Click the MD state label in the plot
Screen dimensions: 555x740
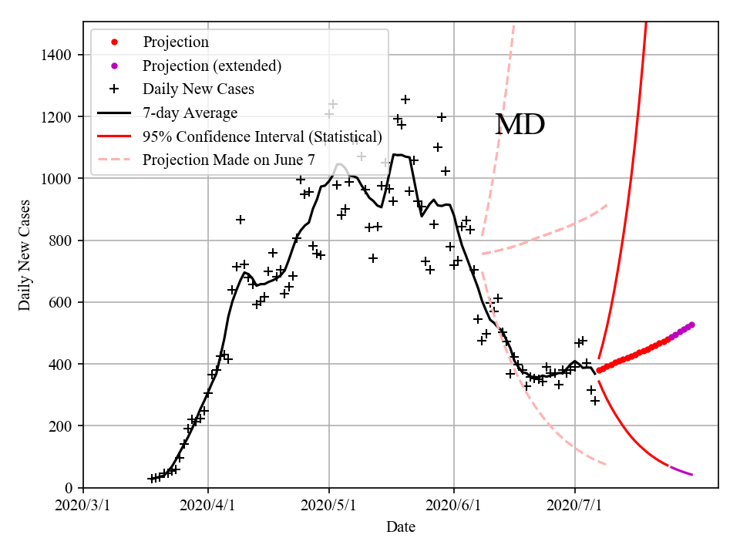pos(520,124)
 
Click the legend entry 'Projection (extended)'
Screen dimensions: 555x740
pos(211,66)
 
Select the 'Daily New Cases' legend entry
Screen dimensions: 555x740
pos(198,89)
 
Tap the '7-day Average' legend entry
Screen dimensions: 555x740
pos(190,113)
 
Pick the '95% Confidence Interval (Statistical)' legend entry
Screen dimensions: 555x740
pos(262,136)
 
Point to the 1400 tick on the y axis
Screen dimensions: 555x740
pos(56,55)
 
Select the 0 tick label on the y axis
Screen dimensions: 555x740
pos(69,488)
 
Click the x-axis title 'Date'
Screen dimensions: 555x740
pos(401,527)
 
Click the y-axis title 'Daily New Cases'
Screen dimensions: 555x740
pos(25,254)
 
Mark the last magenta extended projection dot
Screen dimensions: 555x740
pos(691,325)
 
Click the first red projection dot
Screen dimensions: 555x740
pos(599,371)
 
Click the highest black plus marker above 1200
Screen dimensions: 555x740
pos(405,99)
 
